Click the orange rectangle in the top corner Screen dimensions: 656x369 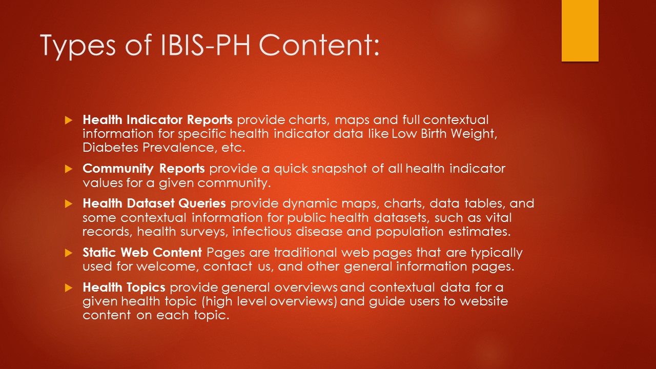click(580, 30)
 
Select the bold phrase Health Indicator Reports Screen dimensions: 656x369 click(157, 119)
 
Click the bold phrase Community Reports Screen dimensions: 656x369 click(143, 169)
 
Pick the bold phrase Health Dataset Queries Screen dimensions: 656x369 click(154, 203)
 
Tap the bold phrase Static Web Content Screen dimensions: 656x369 click(142, 252)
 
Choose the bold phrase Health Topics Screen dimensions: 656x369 click(124, 288)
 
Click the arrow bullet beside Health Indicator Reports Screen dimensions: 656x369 click(69, 120)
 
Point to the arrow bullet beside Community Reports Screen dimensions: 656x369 click(69, 169)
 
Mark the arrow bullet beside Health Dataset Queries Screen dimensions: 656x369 click(69, 203)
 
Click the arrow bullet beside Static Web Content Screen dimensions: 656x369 click(69, 253)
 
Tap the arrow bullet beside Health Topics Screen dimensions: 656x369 click(69, 288)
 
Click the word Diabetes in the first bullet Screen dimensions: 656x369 click(110, 147)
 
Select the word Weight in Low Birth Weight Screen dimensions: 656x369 click(474, 134)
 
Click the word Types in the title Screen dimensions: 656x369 click(78, 46)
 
